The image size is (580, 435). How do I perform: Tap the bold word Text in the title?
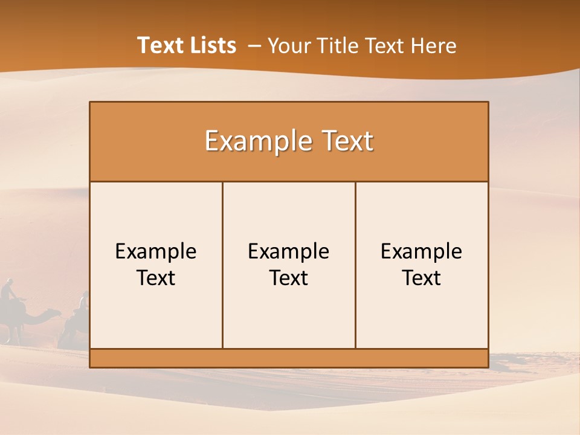159,45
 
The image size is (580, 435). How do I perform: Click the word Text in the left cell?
156,278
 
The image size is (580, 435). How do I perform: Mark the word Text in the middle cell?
289,278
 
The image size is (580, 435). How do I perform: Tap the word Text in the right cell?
422,278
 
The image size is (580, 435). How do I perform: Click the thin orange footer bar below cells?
289,358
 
